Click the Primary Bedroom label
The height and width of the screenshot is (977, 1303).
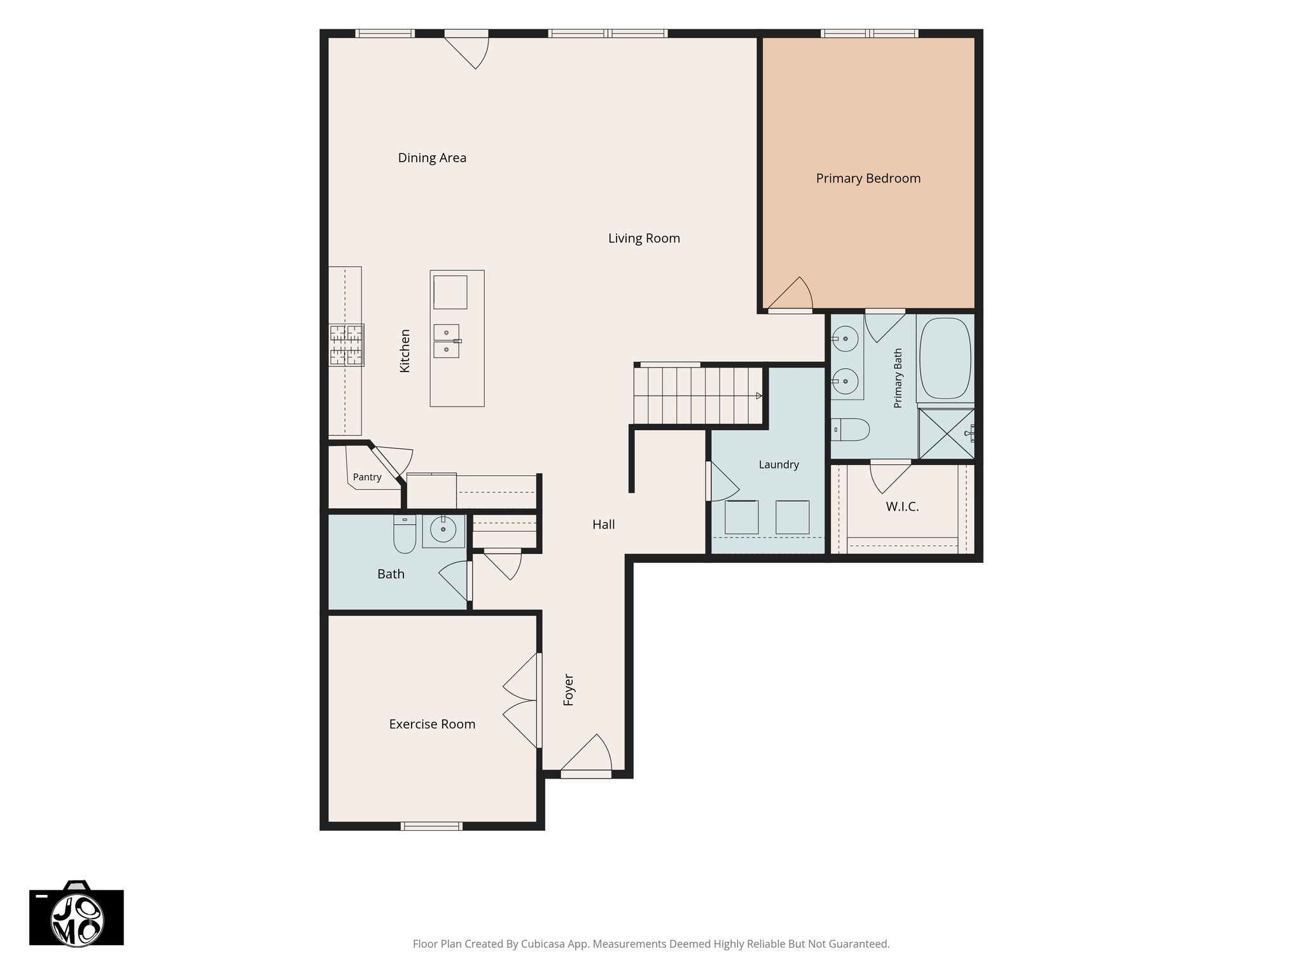coord(868,179)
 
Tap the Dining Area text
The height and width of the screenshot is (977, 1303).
coord(432,158)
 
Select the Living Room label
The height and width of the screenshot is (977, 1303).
coord(644,239)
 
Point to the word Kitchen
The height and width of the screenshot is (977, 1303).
coord(405,350)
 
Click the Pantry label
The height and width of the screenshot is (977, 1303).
coord(367,477)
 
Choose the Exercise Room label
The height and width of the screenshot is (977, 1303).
coord(432,724)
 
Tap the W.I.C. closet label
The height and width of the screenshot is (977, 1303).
coord(902,507)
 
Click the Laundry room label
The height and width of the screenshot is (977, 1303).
coord(779,465)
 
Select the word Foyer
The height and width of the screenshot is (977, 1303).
coord(569,690)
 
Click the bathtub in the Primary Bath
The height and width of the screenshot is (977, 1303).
coord(945,359)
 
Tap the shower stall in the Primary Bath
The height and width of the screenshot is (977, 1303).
coord(947,434)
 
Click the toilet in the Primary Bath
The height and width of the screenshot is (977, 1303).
coord(851,429)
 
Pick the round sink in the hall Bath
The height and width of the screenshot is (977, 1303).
coord(443,527)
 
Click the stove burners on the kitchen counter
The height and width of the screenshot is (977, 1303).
coord(346,345)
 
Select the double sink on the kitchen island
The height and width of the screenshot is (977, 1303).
coord(447,342)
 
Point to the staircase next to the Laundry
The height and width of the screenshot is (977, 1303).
coord(699,395)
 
